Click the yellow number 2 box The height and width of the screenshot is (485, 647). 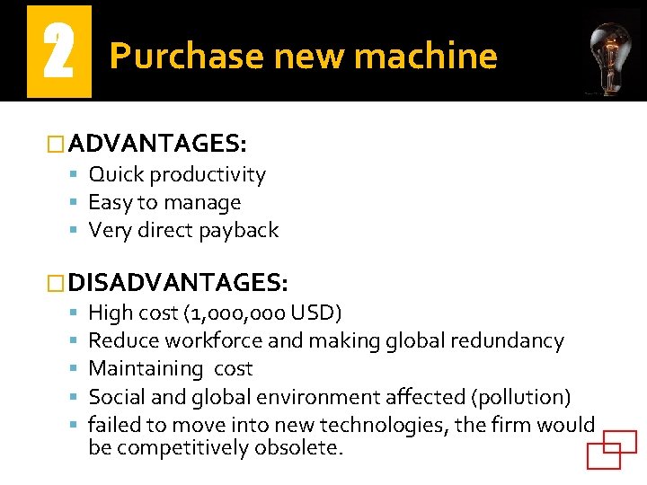pos(59,51)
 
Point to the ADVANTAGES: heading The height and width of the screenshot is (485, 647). pos(157,143)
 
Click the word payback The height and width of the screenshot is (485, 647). pos(238,230)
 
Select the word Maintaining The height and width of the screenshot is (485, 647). pos(146,368)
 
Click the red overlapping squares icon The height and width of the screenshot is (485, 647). pos(611,449)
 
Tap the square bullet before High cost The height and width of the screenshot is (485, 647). pos(74,313)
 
